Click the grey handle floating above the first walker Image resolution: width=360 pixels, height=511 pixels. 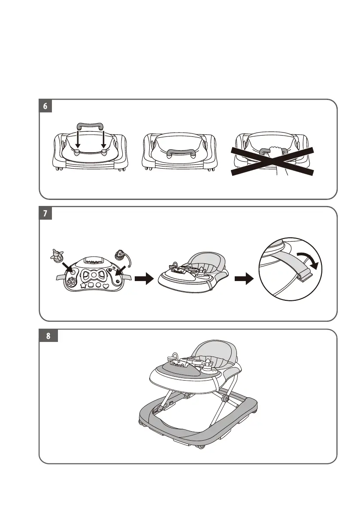(91, 126)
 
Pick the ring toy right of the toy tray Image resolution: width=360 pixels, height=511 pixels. (121, 257)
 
